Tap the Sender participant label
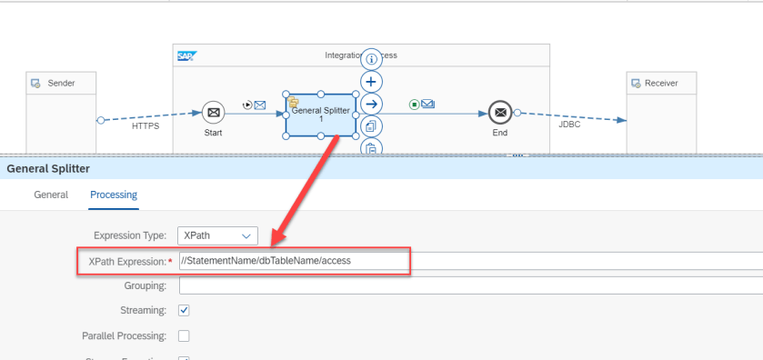coord(60,84)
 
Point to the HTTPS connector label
coord(146,126)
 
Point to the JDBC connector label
coord(570,125)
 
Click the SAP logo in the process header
coord(186,55)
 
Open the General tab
coord(51,195)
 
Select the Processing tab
coord(114,195)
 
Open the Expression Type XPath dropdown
coord(218,235)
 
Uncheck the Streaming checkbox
coord(184,310)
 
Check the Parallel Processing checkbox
coord(184,335)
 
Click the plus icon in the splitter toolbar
coord(371,82)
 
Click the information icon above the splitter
coord(371,60)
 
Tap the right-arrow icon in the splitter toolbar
coord(371,104)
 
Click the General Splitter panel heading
coord(48,168)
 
